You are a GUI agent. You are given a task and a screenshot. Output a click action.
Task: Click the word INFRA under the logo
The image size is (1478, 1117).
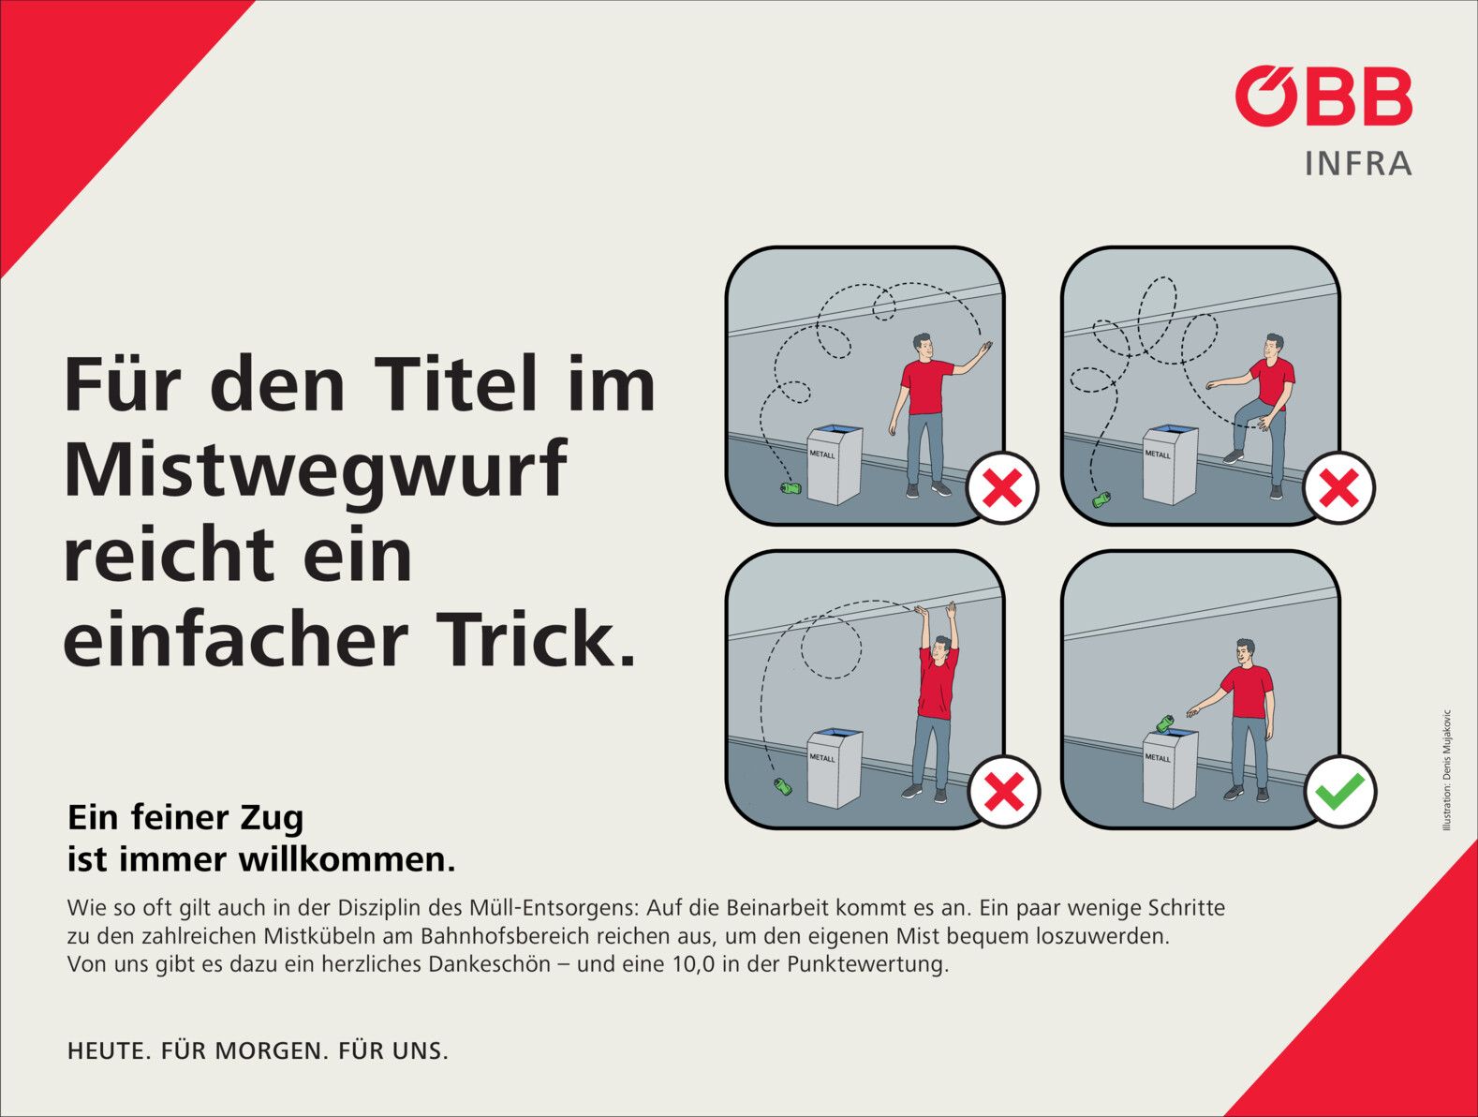point(1358,164)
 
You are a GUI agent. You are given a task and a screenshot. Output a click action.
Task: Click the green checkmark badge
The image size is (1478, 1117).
point(1340,791)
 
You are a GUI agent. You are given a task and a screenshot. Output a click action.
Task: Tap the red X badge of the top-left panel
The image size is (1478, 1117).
point(1002,487)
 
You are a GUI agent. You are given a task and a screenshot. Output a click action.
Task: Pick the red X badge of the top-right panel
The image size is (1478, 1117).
point(1338,487)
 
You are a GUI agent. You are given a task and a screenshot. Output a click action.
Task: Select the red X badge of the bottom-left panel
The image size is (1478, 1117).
point(1004,791)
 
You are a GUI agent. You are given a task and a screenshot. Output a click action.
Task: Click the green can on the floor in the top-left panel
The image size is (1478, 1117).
point(791,488)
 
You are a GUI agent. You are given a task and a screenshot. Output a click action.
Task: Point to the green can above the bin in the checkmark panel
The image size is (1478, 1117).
point(1165,722)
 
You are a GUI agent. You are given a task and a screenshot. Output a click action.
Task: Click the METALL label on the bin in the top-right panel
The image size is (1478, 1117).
point(1158,454)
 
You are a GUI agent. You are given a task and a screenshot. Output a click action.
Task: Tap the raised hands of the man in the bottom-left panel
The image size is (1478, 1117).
point(936,610)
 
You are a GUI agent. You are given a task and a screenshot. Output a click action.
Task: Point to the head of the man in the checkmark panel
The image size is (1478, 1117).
point(1246,652)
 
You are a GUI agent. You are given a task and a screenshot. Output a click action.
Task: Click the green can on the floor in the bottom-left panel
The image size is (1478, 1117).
point(782,786)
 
